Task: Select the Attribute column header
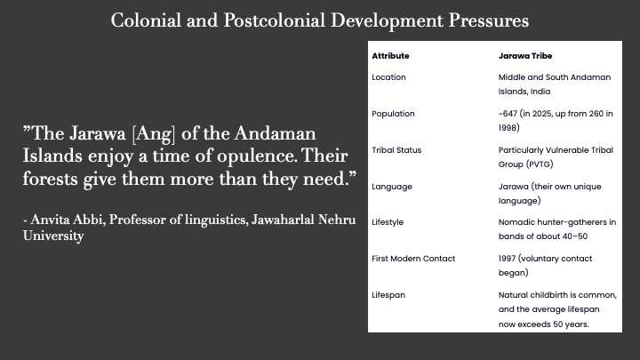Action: (390, 55)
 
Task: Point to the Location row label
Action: (388, 77)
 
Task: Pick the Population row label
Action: (393, 114)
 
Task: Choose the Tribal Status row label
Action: (396, 150)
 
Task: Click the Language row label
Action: (392, 187)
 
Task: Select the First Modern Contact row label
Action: (413, 259)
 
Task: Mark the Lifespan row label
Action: (388, 294)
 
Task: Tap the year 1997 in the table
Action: (508, 259)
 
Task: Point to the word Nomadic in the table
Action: (518, 221)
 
